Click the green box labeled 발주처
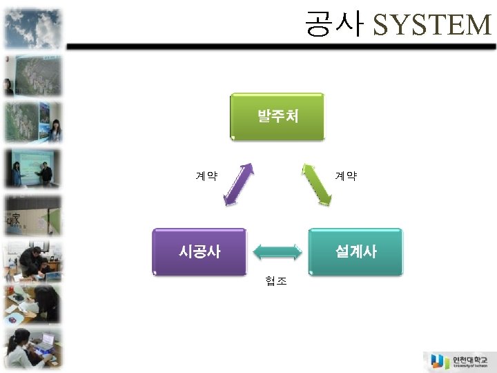tap(277, 116)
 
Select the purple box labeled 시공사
tap(199, 251)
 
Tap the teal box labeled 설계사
tap(355, 251)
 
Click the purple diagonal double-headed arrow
tap(239, 184)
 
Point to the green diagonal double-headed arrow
tap(317, 184)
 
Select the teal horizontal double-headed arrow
tap(277, 251)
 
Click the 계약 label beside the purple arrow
tap(206, 176)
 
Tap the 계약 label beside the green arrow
tap(346, 176)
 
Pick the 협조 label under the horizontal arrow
tap(276, 281)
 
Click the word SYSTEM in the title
tap(431, 26)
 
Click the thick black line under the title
tap(276, 46)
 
